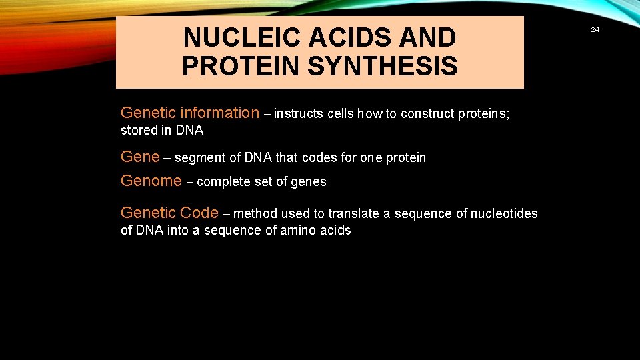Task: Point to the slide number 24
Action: point(595,29)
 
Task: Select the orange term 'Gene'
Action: point(140,157)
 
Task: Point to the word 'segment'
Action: point(198,158)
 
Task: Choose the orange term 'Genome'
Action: point(151,181)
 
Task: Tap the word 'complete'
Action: point(223,181)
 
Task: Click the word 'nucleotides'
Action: point(504,213)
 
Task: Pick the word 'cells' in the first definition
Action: point(341,113)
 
